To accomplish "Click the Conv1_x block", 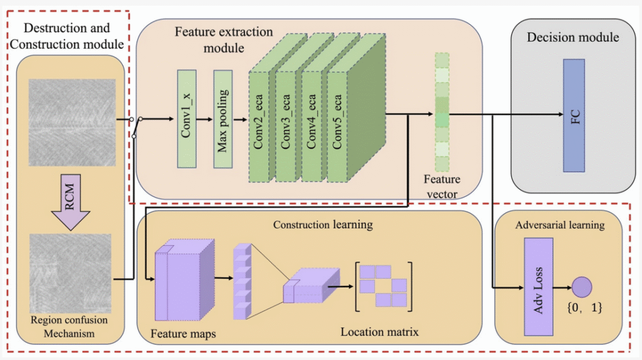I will [187, 119].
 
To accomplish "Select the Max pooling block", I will [223, 119].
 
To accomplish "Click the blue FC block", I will [574, 115].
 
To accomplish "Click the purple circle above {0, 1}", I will [582, 288].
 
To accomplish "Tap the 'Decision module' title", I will [572, 37].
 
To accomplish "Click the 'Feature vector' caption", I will [443, 187].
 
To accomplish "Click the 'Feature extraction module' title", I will [224, 39].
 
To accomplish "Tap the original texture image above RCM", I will [71, 122].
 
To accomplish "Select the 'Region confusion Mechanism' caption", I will [69, 327].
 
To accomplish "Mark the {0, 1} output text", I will [584, 308].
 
